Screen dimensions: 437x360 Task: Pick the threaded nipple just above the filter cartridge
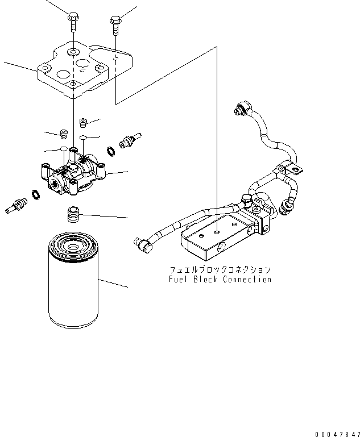72,215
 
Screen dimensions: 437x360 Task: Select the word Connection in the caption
247,279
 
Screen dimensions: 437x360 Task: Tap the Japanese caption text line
220,269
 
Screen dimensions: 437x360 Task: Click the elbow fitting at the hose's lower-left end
143,243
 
